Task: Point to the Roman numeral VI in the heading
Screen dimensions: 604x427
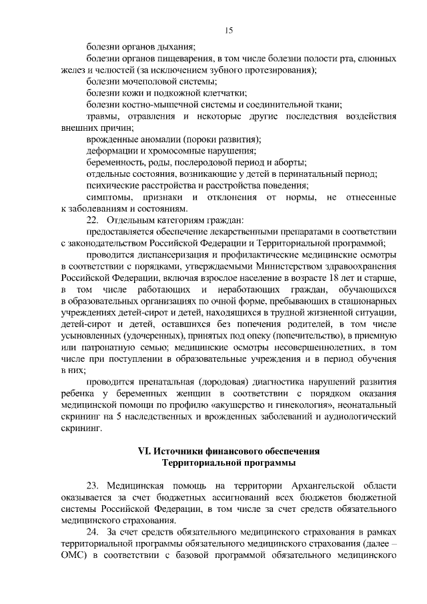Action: pos(143,451)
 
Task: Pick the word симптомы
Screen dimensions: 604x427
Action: pos(109,198)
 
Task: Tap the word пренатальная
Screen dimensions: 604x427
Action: pos(163,382)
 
